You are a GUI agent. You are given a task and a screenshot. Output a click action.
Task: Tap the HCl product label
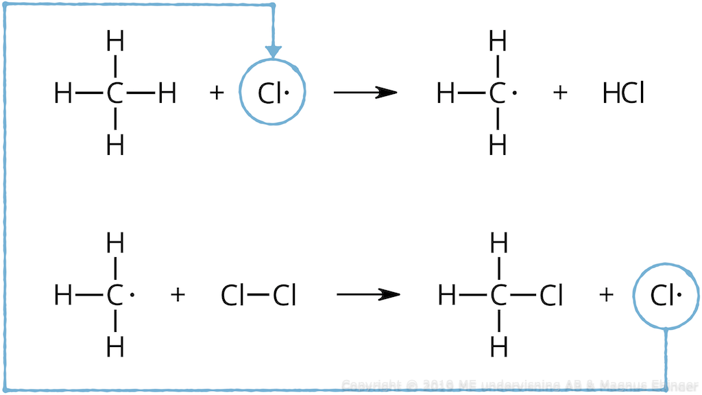(622, 93)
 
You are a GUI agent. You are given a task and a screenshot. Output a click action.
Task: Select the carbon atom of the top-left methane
(115, 93)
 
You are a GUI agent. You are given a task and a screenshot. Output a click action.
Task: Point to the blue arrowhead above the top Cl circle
(273, 51)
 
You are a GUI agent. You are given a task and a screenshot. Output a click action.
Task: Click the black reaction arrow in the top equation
(365, 93)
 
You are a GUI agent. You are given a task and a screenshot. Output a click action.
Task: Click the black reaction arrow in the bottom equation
(367, 295)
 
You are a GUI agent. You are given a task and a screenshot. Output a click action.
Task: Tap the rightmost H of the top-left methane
(167, 93)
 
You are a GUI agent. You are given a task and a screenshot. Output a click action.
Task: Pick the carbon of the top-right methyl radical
(498, 93)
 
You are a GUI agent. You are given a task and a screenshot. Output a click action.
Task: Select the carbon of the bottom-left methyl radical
(114, 296)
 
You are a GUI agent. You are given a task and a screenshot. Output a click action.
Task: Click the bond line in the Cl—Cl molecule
(258, 296)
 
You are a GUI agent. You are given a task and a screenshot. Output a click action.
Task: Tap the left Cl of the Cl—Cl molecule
(232, 296)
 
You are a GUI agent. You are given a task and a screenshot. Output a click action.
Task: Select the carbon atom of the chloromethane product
(498, 296)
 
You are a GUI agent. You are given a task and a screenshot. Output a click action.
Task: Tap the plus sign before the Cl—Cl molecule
(178, 296)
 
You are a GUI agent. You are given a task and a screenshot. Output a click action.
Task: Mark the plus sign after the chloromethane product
(605, 296)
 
